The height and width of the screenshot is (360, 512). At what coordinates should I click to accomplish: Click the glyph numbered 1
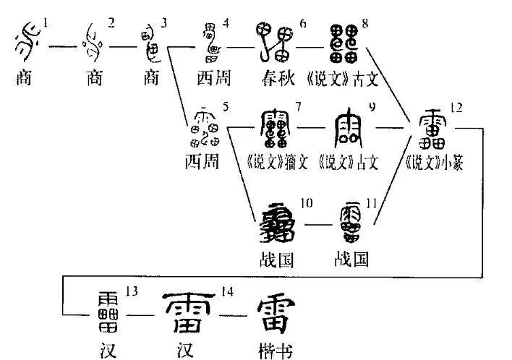pos(27,45)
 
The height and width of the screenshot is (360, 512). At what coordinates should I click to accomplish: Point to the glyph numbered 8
pos(343,42)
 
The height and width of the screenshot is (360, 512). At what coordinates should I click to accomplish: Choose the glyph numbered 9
pos(348,130)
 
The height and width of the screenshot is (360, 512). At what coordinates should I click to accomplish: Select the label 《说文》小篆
pos(433,163)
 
